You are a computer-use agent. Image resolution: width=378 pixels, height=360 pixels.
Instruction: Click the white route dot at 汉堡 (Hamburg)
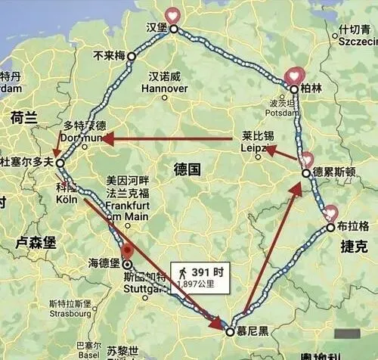[x=173, y=29]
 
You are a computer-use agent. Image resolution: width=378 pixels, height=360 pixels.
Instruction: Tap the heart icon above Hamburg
[x=173, y=15]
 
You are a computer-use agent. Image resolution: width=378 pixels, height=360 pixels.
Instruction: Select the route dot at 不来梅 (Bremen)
[x=131, y=56]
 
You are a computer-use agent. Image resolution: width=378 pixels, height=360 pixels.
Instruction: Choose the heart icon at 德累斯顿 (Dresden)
[x=305, y=160]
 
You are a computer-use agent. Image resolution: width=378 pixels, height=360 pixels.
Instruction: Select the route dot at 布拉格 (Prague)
[x=331, y=227]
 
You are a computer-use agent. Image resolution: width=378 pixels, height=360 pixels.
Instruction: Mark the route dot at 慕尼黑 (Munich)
[x=230, y=331]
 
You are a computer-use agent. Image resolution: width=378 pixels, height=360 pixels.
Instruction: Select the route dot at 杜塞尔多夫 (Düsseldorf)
[x=60, y=162]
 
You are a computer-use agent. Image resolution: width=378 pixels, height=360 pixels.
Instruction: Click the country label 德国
[x=184, y=169]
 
